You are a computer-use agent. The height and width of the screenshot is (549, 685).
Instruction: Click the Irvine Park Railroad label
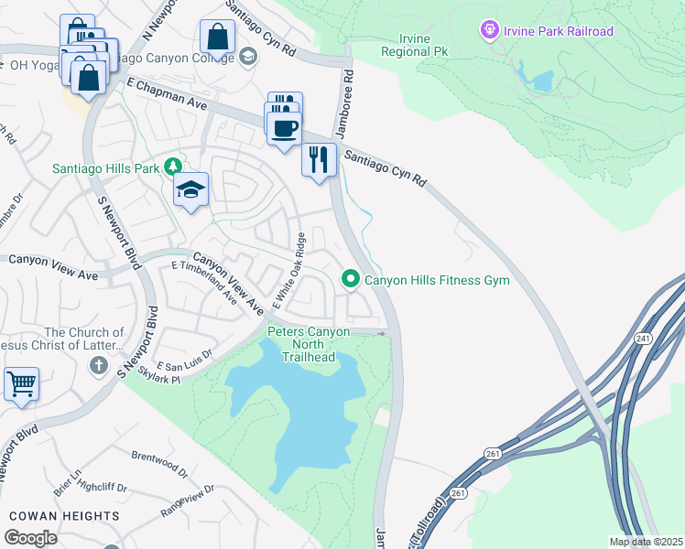point(558,31)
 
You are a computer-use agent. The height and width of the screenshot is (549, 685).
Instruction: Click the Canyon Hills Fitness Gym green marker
point(350,279)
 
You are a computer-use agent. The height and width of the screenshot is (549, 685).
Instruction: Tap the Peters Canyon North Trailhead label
point(300,343)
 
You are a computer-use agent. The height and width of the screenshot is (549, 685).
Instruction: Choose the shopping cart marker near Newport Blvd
point(21,383)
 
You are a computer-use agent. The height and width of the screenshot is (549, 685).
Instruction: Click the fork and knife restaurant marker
point(319,159)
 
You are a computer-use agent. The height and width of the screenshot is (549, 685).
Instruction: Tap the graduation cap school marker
point(190,189)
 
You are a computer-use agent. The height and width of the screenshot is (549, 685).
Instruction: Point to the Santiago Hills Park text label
point(105,168)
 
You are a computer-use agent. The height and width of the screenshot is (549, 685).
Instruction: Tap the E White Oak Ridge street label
point(287,270)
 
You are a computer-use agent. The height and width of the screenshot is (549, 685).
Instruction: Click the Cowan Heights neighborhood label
point(64,516)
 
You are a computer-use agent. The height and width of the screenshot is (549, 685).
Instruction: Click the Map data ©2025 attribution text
point(645,542)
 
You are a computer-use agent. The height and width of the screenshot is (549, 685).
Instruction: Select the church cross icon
point(99,366)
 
